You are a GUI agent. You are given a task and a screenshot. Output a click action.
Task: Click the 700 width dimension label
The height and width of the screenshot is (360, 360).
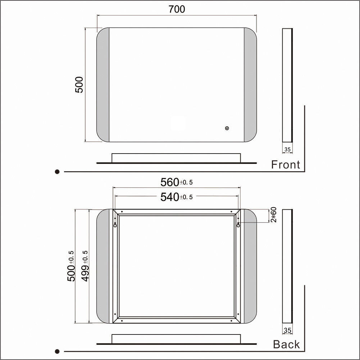(177, 9)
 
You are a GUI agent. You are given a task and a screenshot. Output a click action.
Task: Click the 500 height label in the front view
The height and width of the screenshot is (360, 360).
(79, 85)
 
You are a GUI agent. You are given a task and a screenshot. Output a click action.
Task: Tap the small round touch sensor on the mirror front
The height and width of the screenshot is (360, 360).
(227, 128)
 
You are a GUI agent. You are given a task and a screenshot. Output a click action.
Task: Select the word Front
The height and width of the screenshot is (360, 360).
(286, 165)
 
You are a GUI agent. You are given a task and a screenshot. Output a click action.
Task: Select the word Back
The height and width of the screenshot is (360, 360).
(286, 345)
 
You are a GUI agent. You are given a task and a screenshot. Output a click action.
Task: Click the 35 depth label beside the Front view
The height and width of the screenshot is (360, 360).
(287, 150)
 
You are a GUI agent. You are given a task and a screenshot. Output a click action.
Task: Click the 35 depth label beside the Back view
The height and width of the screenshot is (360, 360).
(287, 331)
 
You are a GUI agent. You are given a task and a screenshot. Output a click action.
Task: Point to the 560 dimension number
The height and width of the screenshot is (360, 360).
(170, 182)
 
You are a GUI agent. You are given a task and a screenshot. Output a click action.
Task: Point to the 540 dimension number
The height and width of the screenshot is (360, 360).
(170, 197)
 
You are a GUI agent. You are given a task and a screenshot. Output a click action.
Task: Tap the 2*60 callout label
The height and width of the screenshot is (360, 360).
(274, 215)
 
